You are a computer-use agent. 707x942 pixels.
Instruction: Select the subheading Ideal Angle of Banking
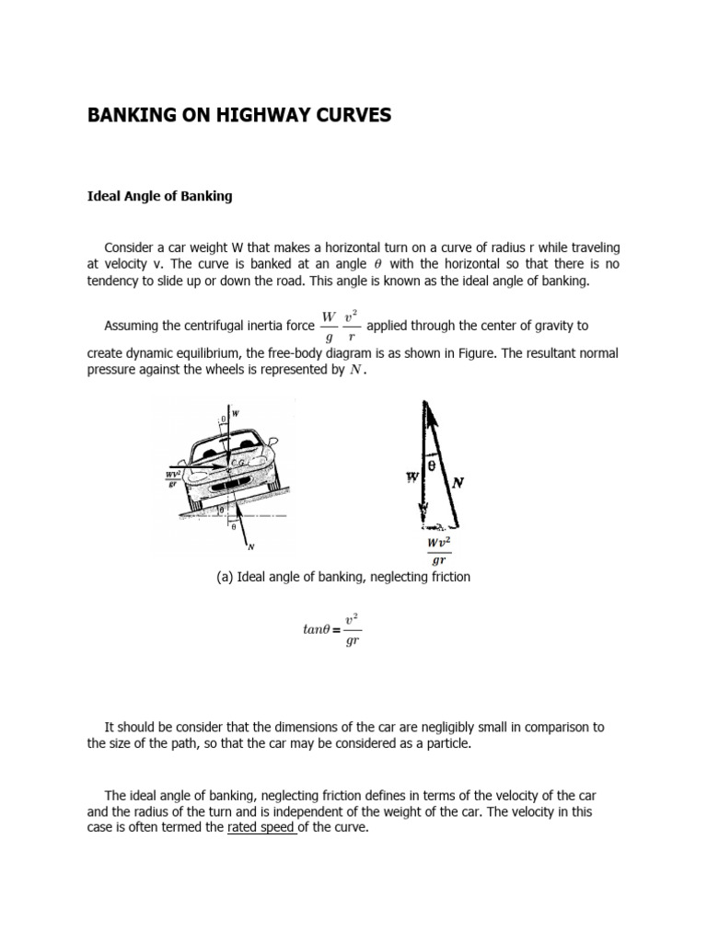coord(158,196)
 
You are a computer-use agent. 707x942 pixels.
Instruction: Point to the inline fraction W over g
coord(329,326)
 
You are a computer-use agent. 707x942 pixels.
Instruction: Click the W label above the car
coord(235,413)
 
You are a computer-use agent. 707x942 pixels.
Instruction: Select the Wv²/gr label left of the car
coord(172,478)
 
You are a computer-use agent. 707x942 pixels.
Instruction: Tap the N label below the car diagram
coord(249,546)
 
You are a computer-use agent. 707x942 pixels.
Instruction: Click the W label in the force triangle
coord(412,477)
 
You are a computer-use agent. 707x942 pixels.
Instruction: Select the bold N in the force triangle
coord(457,481)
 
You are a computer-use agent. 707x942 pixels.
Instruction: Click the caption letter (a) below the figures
coord(224,577)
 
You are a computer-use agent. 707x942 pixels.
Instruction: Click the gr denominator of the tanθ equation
coord(351,641)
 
